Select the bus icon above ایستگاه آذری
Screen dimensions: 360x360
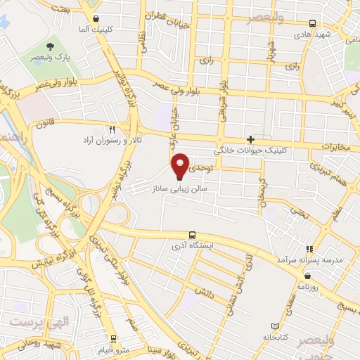[x=193, y=236]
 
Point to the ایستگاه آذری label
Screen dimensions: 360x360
[x=192, y=247]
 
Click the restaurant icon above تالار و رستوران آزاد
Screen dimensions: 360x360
[x=112, y=129]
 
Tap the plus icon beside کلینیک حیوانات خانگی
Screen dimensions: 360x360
[x=250, y=139]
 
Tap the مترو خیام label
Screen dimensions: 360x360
[x=116, y=350]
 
